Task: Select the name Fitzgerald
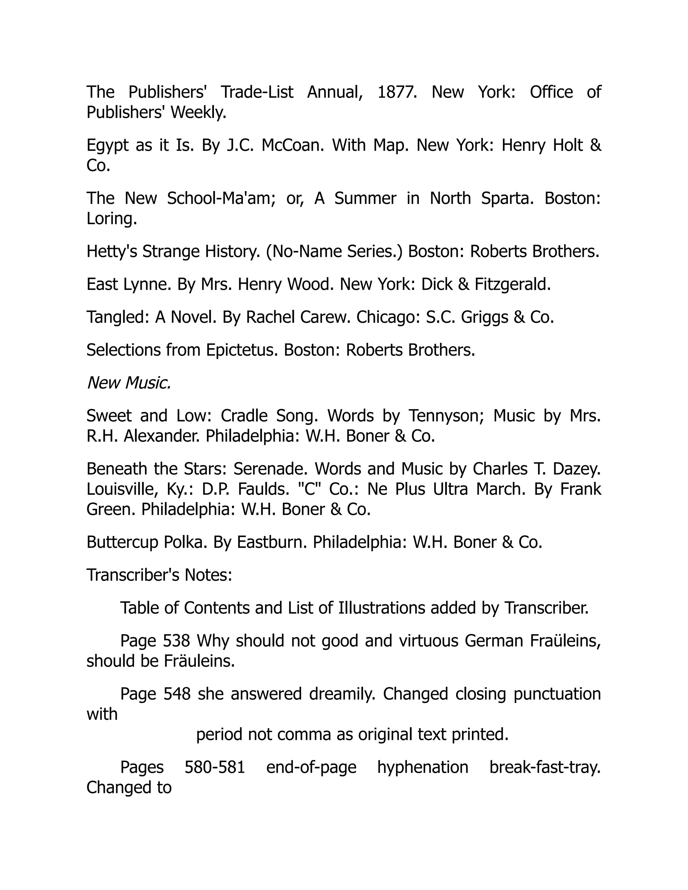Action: pyautogui.click(x=512, y=284)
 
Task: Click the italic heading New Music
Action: pyautogui.click(x=129, y=383)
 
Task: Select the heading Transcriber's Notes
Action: pyautogui.click(x=159, y=575)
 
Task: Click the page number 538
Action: pyautogui.click(x=176, y=641)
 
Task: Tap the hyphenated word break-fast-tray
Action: pyautogui.click(x=545, y=767)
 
